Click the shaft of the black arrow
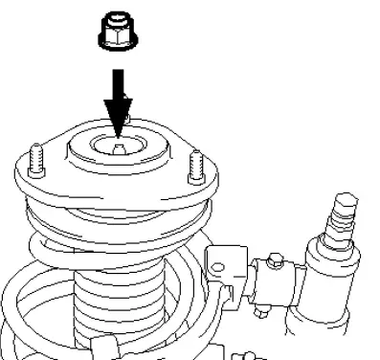point(115,86)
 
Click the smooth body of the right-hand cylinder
point(330,287)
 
